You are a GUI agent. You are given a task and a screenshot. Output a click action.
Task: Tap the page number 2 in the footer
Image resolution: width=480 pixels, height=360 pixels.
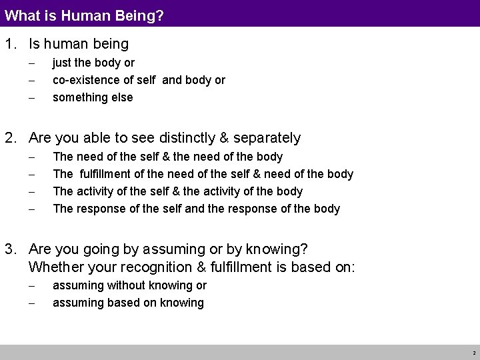[x=473, y=353]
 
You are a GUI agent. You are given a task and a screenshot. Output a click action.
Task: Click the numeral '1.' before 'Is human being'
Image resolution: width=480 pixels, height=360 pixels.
[x=11, y=45]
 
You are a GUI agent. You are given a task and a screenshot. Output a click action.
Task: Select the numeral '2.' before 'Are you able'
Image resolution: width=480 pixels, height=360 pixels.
[x=11, y=138]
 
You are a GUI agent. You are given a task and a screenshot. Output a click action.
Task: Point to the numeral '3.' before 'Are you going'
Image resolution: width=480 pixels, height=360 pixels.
[x=11, y=249]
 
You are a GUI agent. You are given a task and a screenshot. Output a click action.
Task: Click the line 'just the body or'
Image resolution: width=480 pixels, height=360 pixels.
[x=93, y=63]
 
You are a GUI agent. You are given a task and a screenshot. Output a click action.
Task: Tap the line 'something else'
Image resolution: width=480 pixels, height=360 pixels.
[x=93, y=97]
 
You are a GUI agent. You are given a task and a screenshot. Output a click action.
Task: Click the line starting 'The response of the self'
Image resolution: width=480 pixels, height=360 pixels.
[x=196, y=209]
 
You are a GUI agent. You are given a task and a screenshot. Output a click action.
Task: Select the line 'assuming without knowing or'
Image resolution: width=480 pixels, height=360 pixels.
[x=129, y=285]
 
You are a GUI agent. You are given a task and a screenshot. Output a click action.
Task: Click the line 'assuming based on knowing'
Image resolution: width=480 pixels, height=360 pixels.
[x=128, y=303]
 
